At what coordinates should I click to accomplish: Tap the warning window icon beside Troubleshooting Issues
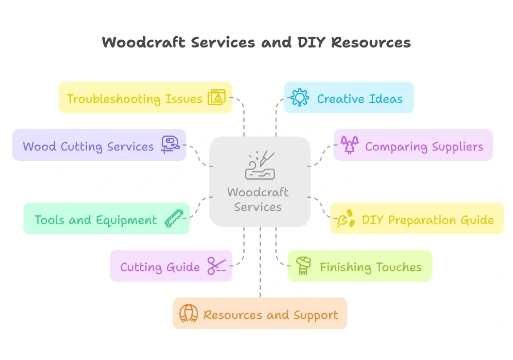[x=217, y=97]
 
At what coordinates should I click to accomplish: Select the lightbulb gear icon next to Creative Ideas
[x=300, y=97]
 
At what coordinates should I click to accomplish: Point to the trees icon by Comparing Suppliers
[x=349, y=145]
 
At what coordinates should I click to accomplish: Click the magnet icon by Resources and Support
[x=188, y=314]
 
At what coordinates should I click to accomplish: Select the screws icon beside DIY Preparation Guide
[x=346, y=219]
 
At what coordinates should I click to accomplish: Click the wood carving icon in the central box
[x=260, y=165]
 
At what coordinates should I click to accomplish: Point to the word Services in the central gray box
[x=258, y=207]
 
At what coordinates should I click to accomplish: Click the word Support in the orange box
[x=316, y=315]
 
